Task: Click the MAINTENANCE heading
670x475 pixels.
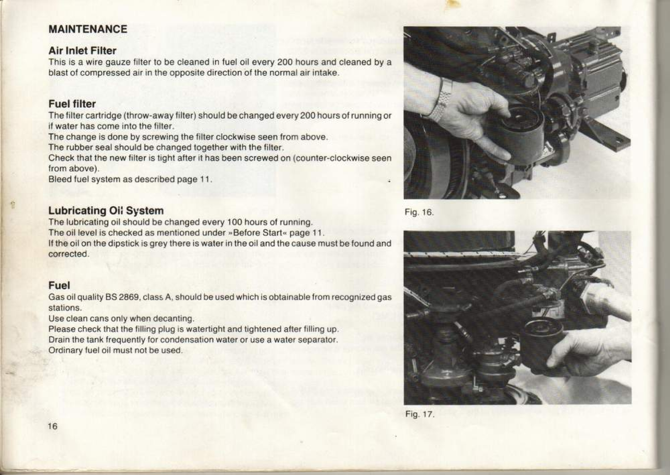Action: click(x=88, y=29)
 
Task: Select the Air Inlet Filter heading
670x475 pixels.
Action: click(x=82, y=51)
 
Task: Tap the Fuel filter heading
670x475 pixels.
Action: click(x=72, y=104)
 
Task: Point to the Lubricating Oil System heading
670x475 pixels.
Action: click(x=106, y=210)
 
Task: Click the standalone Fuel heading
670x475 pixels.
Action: click(x=59, y=285)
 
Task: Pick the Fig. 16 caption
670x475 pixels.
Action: click(x=419, y=212)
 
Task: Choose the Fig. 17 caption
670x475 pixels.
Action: click(x=420, y=414)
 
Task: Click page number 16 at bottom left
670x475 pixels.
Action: click(x=53, y=426)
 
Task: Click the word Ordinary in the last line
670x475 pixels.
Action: click(x=63, y=350)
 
